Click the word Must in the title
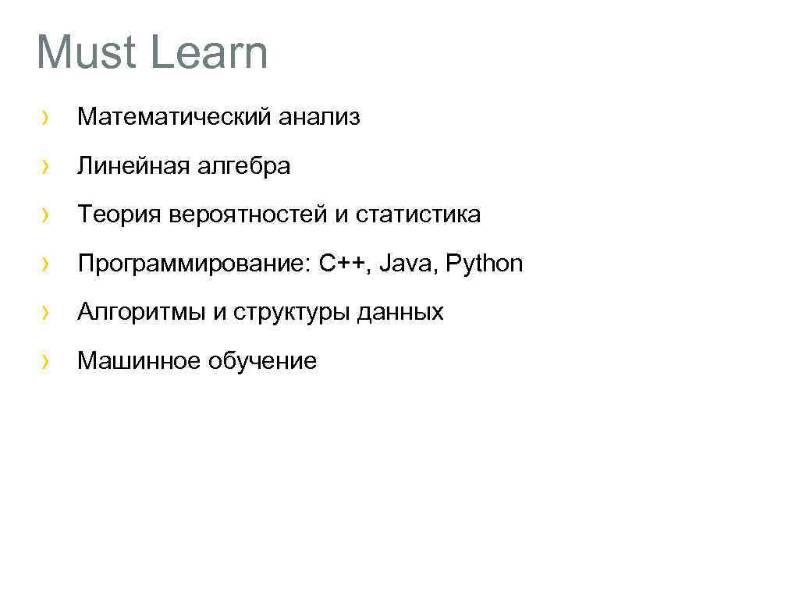click(x=84, y=52)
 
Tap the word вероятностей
click(x=245, y=214)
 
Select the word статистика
click(x=418, y=214)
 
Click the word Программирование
click(x=194, y=264)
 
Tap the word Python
click(x=484, y=264)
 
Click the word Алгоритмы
click(x=141, y=312)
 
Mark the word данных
click(x=399, y=312)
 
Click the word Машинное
click(x=139, y=360)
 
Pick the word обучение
click(x=262, y=360)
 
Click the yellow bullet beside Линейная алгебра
click(x=47, y=167)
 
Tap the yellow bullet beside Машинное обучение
click(x=47, y=361)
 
